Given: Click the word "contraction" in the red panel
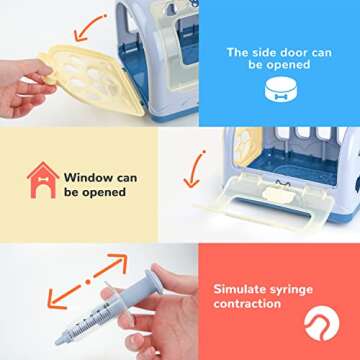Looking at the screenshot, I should [246, 305].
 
